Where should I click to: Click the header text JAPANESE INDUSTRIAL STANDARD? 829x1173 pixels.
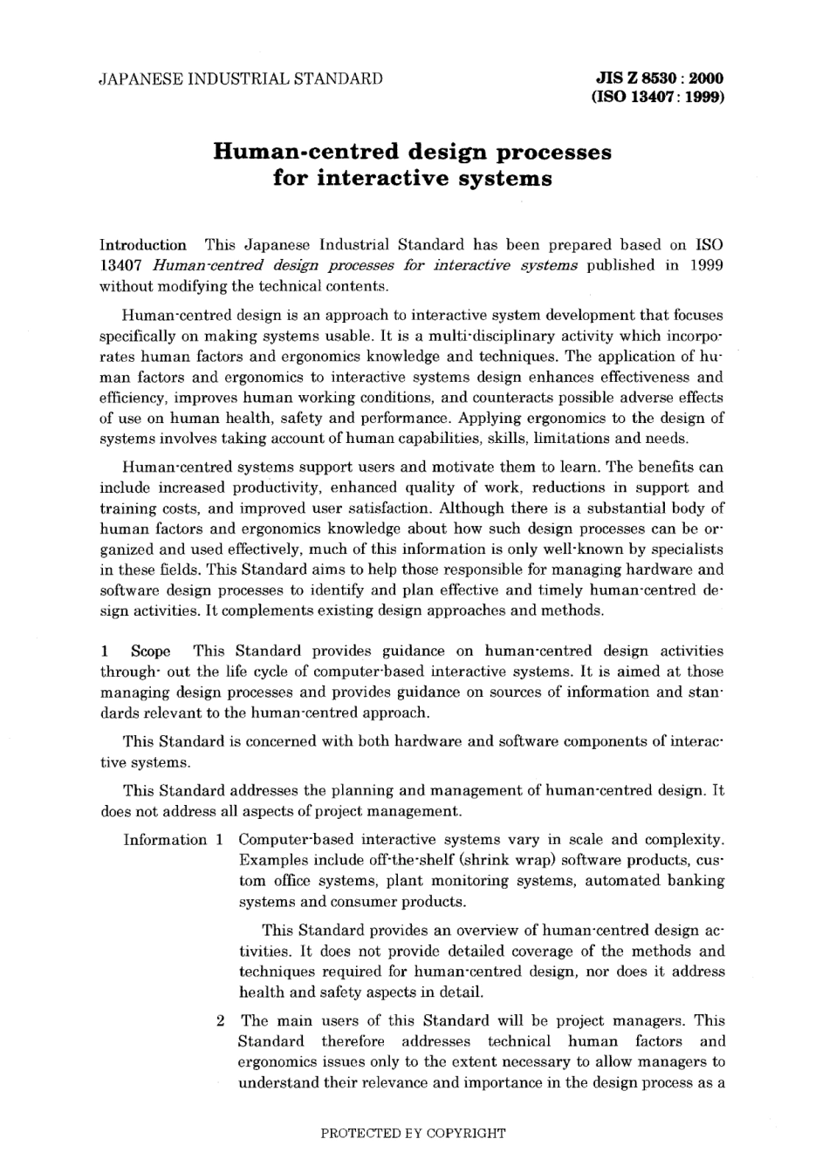(242, 79)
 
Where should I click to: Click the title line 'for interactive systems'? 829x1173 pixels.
(413, 179)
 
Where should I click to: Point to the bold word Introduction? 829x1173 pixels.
(143, 245)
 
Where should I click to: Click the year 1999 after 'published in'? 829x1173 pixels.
(705, 265)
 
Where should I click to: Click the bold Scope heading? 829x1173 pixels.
(150, 651)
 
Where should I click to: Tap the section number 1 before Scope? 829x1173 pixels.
(104, 651)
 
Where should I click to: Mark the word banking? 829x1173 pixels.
(695, 881)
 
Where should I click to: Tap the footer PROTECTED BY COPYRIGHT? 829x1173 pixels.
(413, 1134)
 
